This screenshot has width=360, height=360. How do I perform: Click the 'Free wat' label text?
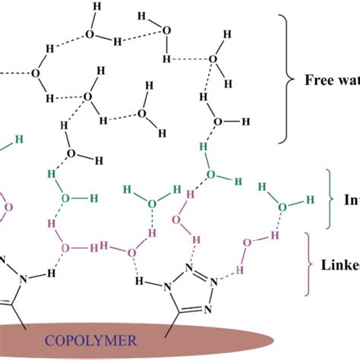tap(331, 80)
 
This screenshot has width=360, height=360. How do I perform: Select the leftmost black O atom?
tap(35, 74)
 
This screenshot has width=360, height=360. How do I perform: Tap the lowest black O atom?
tap(71, 153)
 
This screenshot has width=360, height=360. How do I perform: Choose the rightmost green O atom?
tap(283, 206)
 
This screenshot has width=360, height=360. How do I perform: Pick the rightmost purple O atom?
tap(247, 243)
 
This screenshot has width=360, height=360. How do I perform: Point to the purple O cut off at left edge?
tap(8, 207)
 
